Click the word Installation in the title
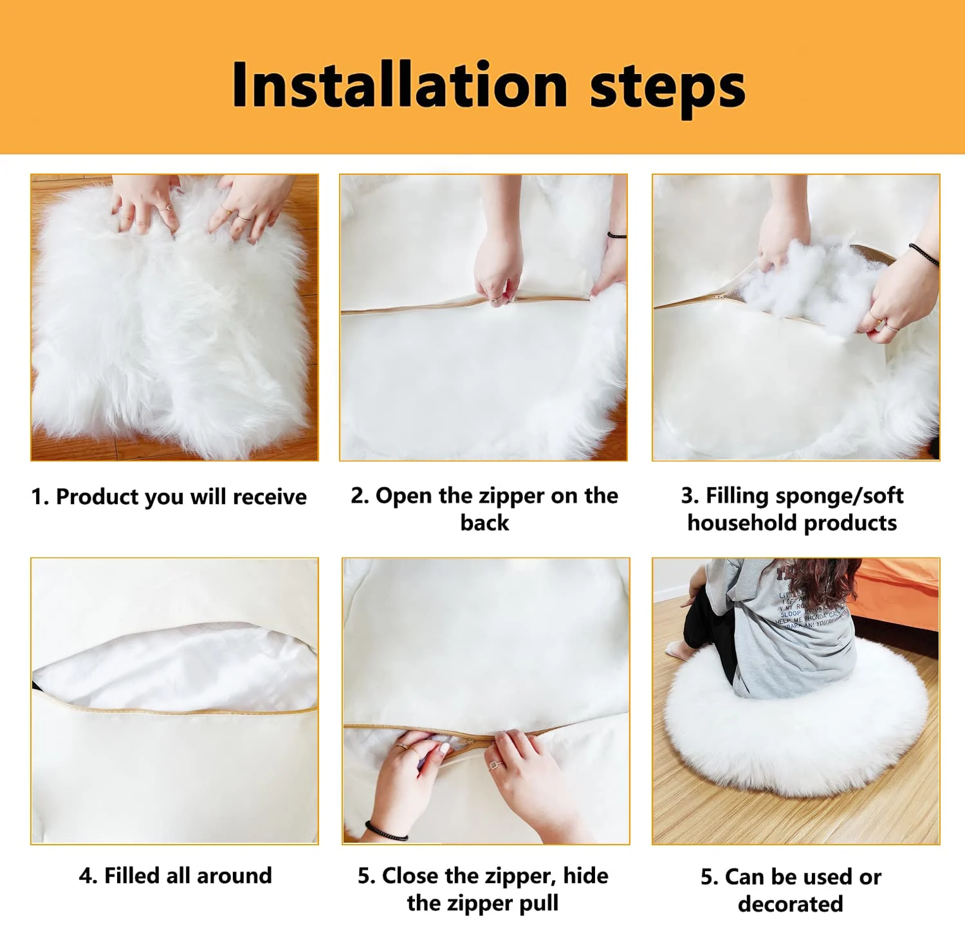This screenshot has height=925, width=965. [x=399, y=85]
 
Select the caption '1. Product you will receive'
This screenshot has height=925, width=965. [x=169, y=497]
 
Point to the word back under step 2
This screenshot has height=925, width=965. [x=484, y=523]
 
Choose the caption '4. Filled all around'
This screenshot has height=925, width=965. [x=175, y=876]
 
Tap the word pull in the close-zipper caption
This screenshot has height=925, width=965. [x=538, y=903]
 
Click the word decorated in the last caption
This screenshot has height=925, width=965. [x=790, y=904]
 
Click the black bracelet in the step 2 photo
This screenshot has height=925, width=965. [x=616, y=236]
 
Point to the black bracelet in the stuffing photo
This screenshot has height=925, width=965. [x=924, y=255]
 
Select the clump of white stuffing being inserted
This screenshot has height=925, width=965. [x=804, y=283]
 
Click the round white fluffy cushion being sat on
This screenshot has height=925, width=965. [x=798, y=739]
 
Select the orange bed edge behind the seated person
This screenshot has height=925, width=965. [x=901, y=585]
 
